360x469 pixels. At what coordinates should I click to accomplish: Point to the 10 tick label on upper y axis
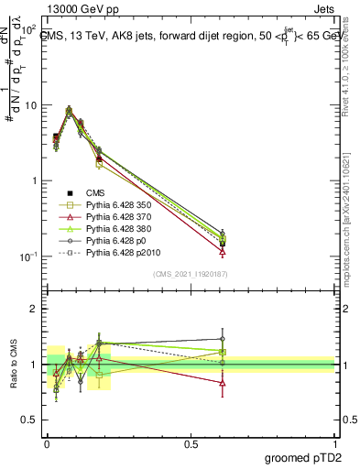29,105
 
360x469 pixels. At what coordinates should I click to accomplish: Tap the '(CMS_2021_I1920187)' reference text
191,274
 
